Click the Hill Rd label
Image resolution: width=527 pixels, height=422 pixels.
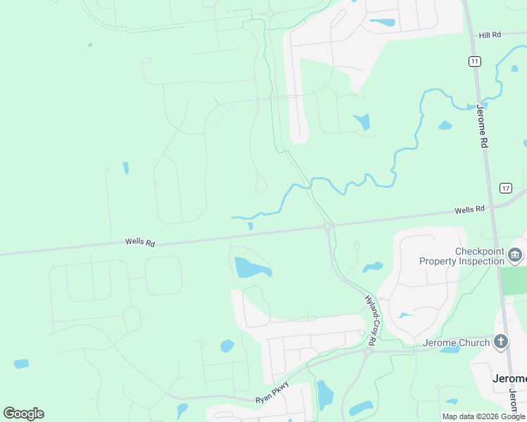tap(490, 34)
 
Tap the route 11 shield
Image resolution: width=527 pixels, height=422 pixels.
tap(475, 61)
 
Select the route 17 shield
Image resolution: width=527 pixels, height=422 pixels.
tap(506, 188)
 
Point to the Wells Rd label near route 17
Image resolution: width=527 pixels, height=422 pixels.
tap(470, 210)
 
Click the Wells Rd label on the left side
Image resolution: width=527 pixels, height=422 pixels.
tap(139, 241)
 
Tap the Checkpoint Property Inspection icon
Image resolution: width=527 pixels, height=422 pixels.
tap(515, 255)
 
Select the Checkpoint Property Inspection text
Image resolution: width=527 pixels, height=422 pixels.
tap(461, 256)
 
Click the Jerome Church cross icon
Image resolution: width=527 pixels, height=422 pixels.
tap(501, 342)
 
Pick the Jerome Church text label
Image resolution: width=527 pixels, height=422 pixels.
tap(456, 343)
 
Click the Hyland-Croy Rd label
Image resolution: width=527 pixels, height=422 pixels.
tap(371, 319)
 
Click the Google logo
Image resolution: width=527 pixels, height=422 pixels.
tap(23, 414)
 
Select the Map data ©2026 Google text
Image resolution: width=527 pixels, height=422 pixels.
tap(483, 416)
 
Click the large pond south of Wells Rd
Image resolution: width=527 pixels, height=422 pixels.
tap(252, 268)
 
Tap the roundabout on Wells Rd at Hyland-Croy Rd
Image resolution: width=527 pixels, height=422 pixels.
tap(328, 226)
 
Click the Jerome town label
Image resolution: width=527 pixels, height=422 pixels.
tap(509, 378)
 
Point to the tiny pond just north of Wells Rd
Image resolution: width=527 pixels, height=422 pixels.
tap(250, 226)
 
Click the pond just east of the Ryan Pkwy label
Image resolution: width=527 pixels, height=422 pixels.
tap(323, 395)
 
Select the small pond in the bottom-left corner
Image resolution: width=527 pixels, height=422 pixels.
tap(22, 364)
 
